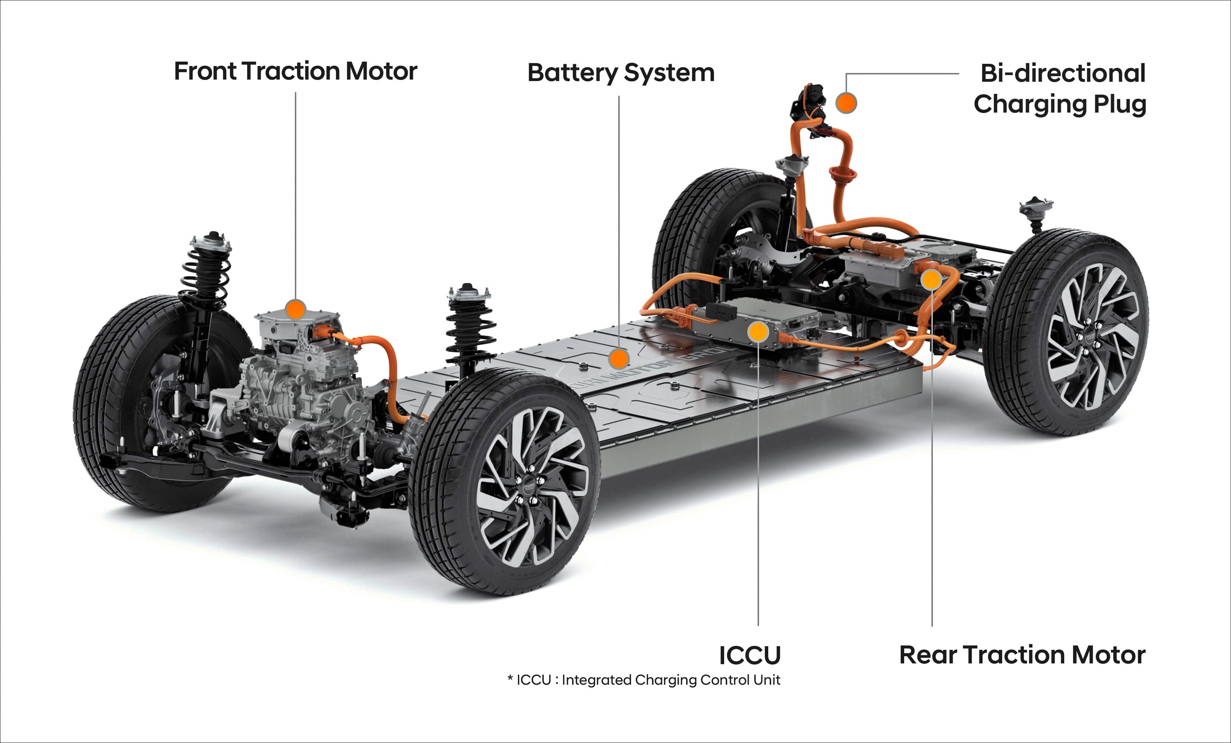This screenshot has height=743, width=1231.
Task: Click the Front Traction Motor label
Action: pos(295,71)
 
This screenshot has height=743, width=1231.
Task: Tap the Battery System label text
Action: pos(621,73)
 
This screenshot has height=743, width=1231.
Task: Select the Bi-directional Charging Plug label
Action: pos(1060,88)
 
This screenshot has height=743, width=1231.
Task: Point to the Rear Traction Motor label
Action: pos(1022,655)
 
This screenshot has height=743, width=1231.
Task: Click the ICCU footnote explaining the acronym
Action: pos(644,680)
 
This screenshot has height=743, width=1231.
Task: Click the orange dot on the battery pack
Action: pos(619,359)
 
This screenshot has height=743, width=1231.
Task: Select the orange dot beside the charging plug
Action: pos(846,103)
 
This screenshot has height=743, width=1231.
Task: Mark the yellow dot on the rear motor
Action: pos(931,280)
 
